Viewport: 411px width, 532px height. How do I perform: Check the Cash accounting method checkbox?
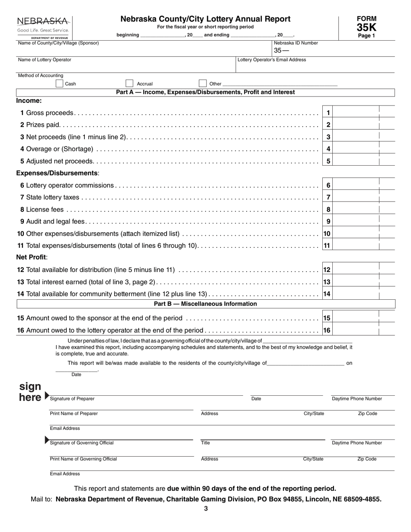click(x=59, y=83)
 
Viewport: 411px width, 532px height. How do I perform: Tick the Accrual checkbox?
click(x=129, y=83)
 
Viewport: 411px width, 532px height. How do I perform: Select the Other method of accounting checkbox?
click(x=202, y=83)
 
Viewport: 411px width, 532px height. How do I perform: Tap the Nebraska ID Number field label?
click(x=296, y=43)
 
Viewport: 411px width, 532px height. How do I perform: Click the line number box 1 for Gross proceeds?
click(x=328, y=113)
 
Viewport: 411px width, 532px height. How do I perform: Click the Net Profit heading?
click(x=32, y=257)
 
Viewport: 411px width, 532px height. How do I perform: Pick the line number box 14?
click(x=327, y=294)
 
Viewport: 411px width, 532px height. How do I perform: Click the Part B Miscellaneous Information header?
click(x=205, y=304)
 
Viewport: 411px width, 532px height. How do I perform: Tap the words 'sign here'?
click(x=30, y=392)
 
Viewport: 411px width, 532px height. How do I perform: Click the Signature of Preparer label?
click(x=72, y=398)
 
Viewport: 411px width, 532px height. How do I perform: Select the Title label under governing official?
click(x=205, y=443)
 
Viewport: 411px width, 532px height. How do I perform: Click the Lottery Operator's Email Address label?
click(x=272, y=60)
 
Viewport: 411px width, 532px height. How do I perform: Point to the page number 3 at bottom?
click(x=206, y=509)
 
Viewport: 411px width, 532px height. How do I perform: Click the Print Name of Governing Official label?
click(x=83, y=459)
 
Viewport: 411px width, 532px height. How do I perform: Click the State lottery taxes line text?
click(x=53, y=198)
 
